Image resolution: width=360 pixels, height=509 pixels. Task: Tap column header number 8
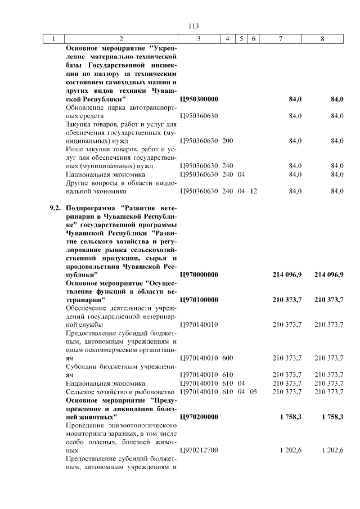tap(322, 39)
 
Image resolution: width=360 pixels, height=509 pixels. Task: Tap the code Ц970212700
tap(199, 451)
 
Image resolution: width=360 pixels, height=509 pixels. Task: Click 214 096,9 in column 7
tap(287, 274)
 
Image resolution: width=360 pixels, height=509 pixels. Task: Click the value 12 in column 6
tap(254, 191)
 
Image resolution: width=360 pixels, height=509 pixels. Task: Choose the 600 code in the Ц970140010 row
tap(227, 358)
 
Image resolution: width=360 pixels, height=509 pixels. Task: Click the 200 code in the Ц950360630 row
tap(227, 141)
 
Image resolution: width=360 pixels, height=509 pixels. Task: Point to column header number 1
tap(54, 39)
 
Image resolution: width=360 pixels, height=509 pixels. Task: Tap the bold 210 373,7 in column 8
tap(328, 300)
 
